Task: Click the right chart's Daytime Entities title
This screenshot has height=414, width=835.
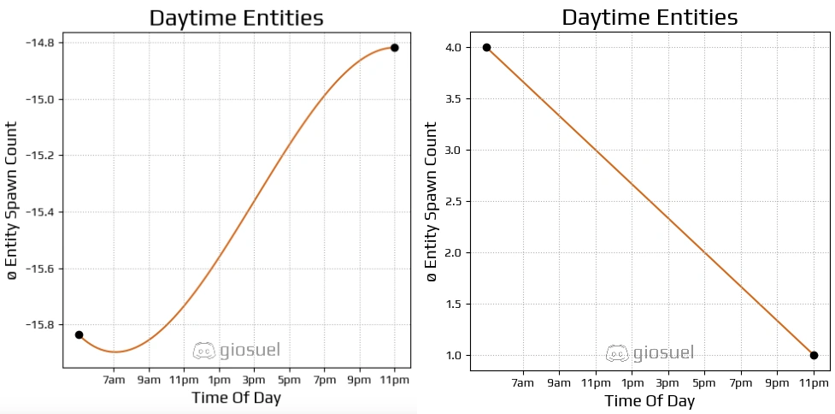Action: (650, 17)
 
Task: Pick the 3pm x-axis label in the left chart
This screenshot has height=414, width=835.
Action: (254, 379)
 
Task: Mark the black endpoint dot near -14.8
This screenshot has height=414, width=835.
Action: (394, 48)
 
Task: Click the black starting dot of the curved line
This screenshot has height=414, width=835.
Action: (79, 334)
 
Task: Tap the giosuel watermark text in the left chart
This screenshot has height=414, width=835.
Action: (250, 350)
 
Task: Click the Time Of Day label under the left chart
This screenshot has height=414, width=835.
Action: (236, 398)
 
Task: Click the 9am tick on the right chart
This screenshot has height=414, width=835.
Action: (559, 382)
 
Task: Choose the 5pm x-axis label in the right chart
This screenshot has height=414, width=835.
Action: (704, 382)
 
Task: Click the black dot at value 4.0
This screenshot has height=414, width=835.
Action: (486, 48)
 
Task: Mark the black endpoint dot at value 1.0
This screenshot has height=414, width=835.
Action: (814, 355)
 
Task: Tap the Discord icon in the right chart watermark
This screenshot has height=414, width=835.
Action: (617, 352)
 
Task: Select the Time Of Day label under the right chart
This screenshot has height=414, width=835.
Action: (650, 401)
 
